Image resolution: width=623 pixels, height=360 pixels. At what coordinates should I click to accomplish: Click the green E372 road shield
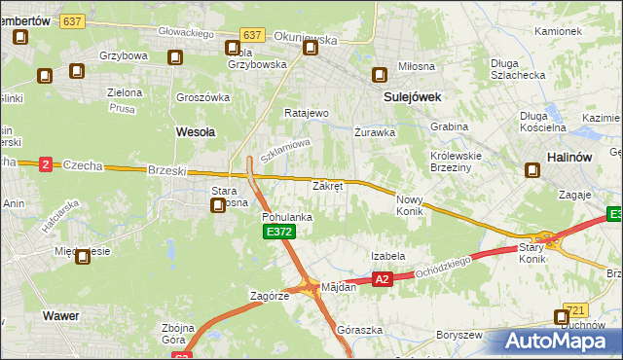(x=277, y=233)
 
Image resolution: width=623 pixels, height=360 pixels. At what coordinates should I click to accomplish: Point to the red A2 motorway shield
(x=382, y=279)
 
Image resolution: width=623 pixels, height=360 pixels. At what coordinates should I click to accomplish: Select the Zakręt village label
(x=328, y=185)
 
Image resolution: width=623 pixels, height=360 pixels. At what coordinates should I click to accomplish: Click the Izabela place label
(x=387, y=256)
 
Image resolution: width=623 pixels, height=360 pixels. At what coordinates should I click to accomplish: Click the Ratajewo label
(x=307, y=113)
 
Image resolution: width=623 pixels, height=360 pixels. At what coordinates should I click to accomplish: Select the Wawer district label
(x=60, y=316)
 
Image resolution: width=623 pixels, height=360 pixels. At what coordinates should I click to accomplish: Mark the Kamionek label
(x=558, y=31)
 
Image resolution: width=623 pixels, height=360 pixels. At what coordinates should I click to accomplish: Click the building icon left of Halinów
(x=532, y=171)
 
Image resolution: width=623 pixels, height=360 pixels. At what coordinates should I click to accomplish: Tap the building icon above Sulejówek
(x=380, y=75)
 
